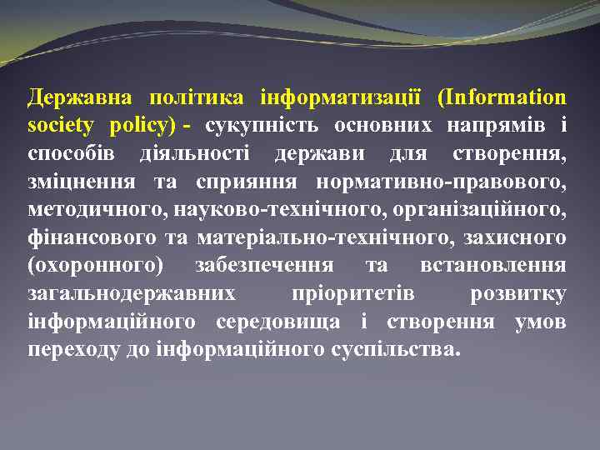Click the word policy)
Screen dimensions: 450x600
(143, 126)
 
